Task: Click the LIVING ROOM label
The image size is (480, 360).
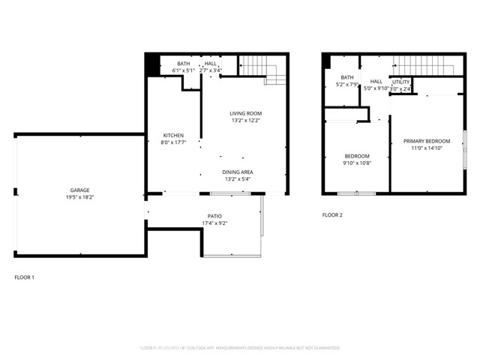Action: point(245,113)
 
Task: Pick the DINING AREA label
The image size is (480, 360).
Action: point(237,172)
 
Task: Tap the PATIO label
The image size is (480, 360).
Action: point(214,217)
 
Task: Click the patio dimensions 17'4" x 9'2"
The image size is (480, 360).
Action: point(214,223)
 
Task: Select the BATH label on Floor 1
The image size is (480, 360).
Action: point(184,64)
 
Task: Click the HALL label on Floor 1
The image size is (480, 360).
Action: point(211,64)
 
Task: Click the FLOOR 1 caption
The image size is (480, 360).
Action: point(25,277)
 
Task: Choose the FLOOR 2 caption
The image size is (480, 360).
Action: point(332,215)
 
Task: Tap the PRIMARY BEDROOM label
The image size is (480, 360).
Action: point(427,141)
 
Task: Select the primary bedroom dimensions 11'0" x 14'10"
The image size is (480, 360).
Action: point(427,148)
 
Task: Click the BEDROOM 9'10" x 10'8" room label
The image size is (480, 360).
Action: point(357,155)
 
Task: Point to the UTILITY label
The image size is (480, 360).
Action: point(401,82)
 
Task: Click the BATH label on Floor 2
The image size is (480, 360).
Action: point(346,77)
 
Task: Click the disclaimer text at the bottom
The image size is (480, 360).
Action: point(240,348)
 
